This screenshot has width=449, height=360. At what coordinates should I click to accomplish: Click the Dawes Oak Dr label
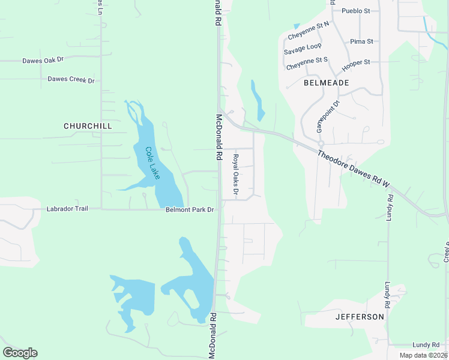coord(43,61)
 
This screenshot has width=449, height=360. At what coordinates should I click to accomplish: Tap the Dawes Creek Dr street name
coord(71,79)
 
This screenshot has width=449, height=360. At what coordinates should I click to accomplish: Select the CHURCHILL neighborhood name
coord(88,126)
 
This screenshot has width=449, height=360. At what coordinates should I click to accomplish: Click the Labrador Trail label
coord(67,209)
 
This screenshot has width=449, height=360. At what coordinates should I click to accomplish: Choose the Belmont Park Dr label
coord(190,210)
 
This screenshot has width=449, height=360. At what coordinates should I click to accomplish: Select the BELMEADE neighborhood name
coord(326,82)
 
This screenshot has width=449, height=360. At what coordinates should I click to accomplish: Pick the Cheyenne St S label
coord(307,64)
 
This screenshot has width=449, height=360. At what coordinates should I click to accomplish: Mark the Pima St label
coord(361,41)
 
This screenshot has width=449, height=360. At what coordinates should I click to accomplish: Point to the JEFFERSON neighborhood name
coord(360,316)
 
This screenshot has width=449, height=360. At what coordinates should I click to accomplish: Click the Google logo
coord(20,353)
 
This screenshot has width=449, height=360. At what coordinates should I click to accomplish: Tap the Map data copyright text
coord(423,355)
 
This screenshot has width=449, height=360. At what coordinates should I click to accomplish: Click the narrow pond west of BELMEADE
coord(258,100)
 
